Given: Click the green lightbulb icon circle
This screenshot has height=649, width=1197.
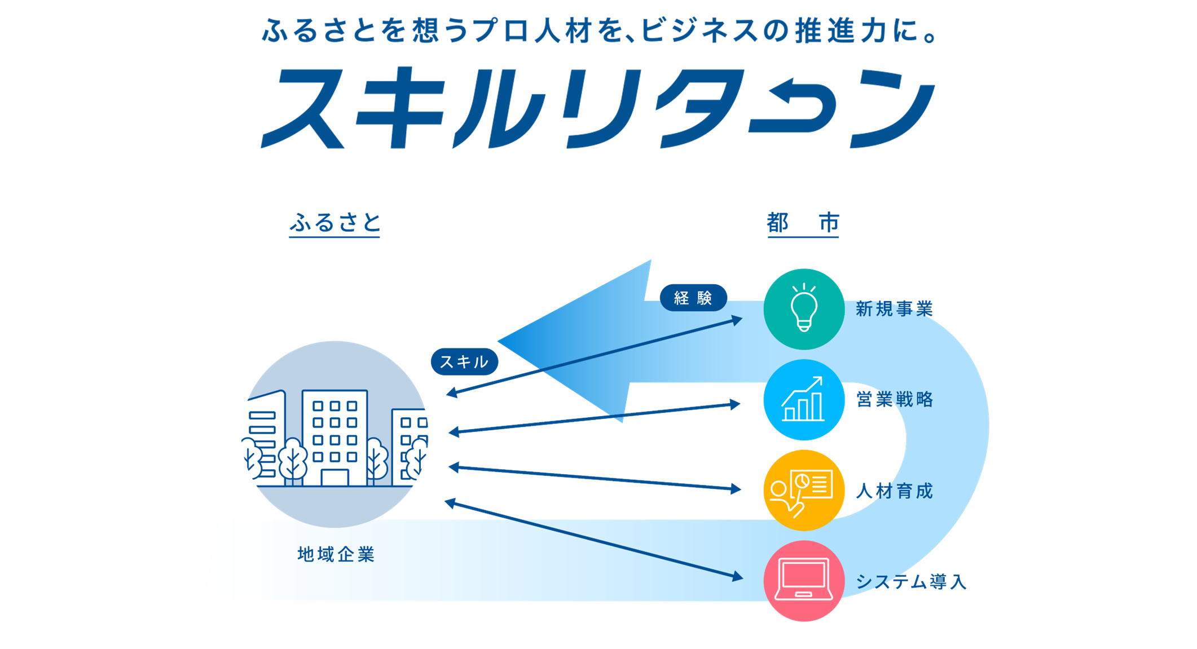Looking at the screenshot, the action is [x=804, y=309].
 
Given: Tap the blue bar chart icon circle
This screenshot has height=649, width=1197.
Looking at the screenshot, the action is [x=804, y=400].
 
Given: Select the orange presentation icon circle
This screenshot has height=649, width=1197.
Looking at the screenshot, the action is [x=804, y=490].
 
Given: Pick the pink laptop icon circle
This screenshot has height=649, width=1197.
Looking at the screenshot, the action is [x=804, y=581].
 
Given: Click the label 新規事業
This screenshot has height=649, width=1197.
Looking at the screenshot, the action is [x=894, y=309].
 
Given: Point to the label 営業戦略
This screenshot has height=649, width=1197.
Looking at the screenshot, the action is [x=894, y=400].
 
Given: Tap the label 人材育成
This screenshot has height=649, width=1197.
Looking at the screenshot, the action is [x=894, y=491].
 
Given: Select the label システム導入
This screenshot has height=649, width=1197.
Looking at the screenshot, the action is [x=911, y=581].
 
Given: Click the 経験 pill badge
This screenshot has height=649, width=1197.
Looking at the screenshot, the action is [x=693, y=297].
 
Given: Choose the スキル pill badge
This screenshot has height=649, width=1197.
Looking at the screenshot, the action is [x=464, y=361].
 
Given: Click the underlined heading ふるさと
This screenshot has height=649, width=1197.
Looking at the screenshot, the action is [x=335, y=223].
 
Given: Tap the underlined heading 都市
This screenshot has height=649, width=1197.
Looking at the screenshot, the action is [x=803, y=223].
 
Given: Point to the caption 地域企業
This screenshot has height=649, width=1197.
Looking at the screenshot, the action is [x=336, y=554].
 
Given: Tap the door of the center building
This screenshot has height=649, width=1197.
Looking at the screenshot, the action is [x=335, y=476].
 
